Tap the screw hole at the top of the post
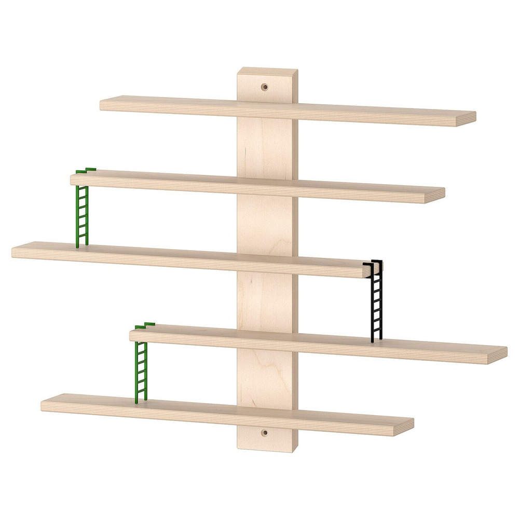point(265,87)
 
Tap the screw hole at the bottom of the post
point(265,432)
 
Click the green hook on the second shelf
point(86,170)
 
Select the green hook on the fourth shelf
point(145,325)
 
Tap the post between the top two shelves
point(267,148)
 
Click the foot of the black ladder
point(377,340)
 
